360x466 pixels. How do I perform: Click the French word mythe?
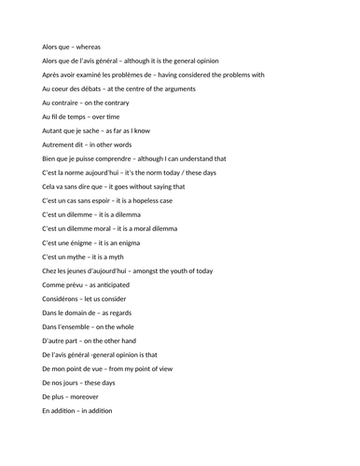pyautogui.click(x=79, y=256)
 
